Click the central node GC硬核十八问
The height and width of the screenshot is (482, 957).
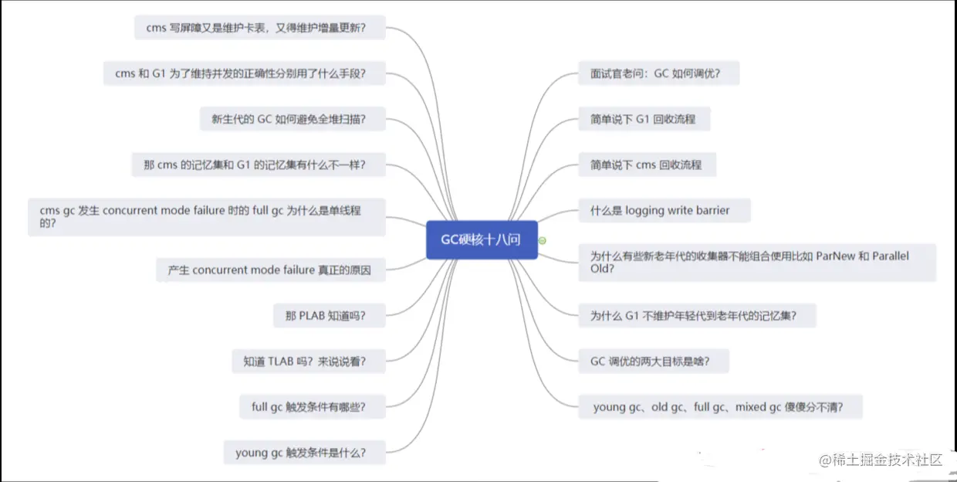coord(481,239)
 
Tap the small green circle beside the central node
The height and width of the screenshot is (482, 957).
coord(542,240)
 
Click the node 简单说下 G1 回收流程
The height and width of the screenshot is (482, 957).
coord(644,119)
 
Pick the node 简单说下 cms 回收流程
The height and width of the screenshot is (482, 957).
coord(647,165)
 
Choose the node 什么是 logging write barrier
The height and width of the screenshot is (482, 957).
coord(664,210)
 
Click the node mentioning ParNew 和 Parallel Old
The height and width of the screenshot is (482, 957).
coord(757,263)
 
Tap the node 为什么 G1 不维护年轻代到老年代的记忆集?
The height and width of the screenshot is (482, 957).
coord(697,315)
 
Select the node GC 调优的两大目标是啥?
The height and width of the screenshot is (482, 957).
coord(654,361)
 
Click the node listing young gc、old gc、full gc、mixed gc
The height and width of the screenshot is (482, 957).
coord(720,407)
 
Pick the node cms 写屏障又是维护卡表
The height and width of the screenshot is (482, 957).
coord(259,28)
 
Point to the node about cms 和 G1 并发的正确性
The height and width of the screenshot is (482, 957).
coord(244,73)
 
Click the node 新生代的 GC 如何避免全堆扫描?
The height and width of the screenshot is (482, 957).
coord(293,119)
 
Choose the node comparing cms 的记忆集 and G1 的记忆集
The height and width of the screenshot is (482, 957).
coord(259,165)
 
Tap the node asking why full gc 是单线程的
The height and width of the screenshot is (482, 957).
coord(206,217)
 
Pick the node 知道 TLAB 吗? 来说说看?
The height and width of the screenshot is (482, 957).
coord(309,361)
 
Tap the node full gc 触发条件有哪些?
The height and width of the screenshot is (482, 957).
coord(313,406)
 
